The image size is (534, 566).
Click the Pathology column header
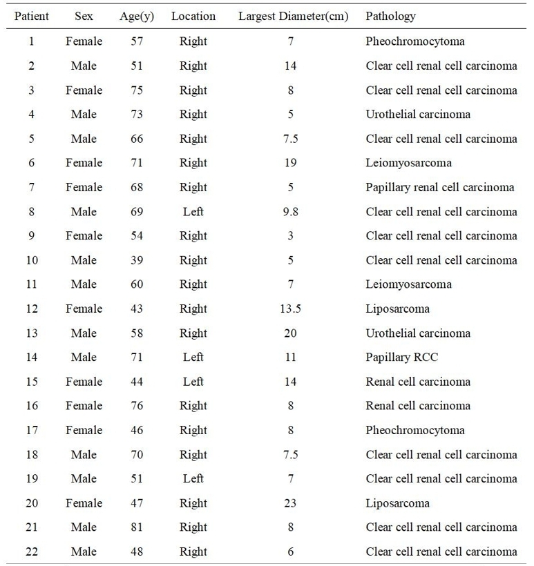coord(390,16)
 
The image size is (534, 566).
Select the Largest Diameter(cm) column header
coord(293,16)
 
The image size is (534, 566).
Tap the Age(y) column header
coord(137,16)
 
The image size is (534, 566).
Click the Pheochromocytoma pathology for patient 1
coord(414,41)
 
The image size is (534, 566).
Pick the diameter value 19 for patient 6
coord(290,163)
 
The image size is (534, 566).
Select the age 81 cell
coord(137,527)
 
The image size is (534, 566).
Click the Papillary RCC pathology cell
coord(401,358)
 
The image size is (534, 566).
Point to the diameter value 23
coord(290,503)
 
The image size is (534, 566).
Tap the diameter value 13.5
coord(290,309)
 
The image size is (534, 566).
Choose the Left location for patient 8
coord(193,211)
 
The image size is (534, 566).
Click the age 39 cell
coord(137,260)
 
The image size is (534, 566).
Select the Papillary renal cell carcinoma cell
coord(439,187)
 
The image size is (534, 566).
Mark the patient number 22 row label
coord(32,552)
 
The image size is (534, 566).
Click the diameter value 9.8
coord(290,211)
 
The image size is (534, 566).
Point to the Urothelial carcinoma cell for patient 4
coord(418,115)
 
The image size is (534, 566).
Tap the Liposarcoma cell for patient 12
coord(397,309)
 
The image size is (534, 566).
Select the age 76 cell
coord(137,406)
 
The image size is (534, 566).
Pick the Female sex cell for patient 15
coord(84,382)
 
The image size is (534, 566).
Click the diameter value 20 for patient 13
coord(290,333)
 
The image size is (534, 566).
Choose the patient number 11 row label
coord(32,284)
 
